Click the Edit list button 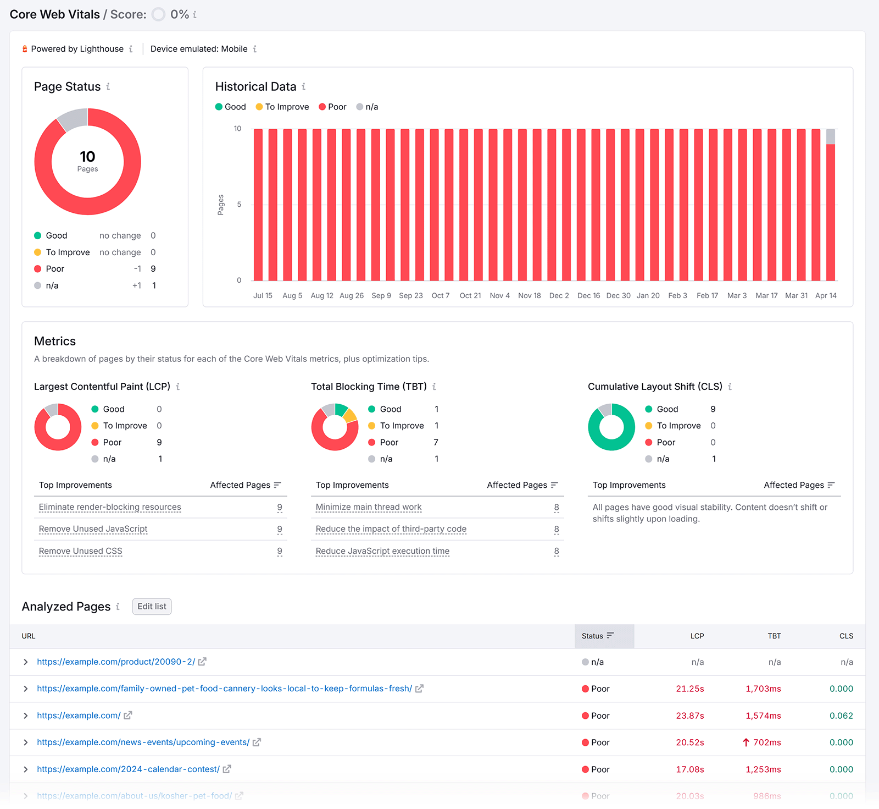click(152, 606)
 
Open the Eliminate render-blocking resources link click(110, 507)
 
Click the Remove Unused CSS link click(80, 551)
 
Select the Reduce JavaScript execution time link click(382, 551)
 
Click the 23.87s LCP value click(689, 716)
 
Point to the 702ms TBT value click(766, 742)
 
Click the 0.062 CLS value click(841, 716)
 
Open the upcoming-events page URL click(143, 742)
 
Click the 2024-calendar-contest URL click(128, 769)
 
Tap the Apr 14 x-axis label click(826, 295)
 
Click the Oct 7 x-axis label click(440, 295)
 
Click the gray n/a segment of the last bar click(831, 136)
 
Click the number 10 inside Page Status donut click(87, 157)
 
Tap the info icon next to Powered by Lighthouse click(131, 49)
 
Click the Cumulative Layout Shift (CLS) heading click(655, 387)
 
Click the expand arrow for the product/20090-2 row click(25, 662)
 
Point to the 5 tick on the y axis click(239, 205)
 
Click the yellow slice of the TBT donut click(351, 416)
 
